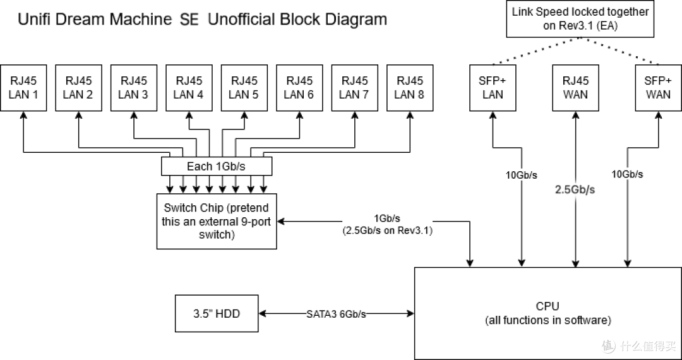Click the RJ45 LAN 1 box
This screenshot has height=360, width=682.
coord(23,88)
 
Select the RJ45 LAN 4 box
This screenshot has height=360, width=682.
coord(188,88)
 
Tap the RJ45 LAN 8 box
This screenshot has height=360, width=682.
coord(409,88)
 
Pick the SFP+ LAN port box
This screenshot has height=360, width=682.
coord(493,88)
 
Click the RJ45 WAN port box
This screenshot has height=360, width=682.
coord(575,88)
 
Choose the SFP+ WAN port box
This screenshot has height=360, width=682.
coord(658,88)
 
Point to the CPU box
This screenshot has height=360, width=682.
coord(547,313)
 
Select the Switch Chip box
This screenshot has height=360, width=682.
coord(215,221)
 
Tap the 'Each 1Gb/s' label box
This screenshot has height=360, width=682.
coord(217,167)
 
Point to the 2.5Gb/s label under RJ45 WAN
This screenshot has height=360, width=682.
coord(575,189)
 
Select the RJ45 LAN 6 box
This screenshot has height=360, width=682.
coord(299,88)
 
